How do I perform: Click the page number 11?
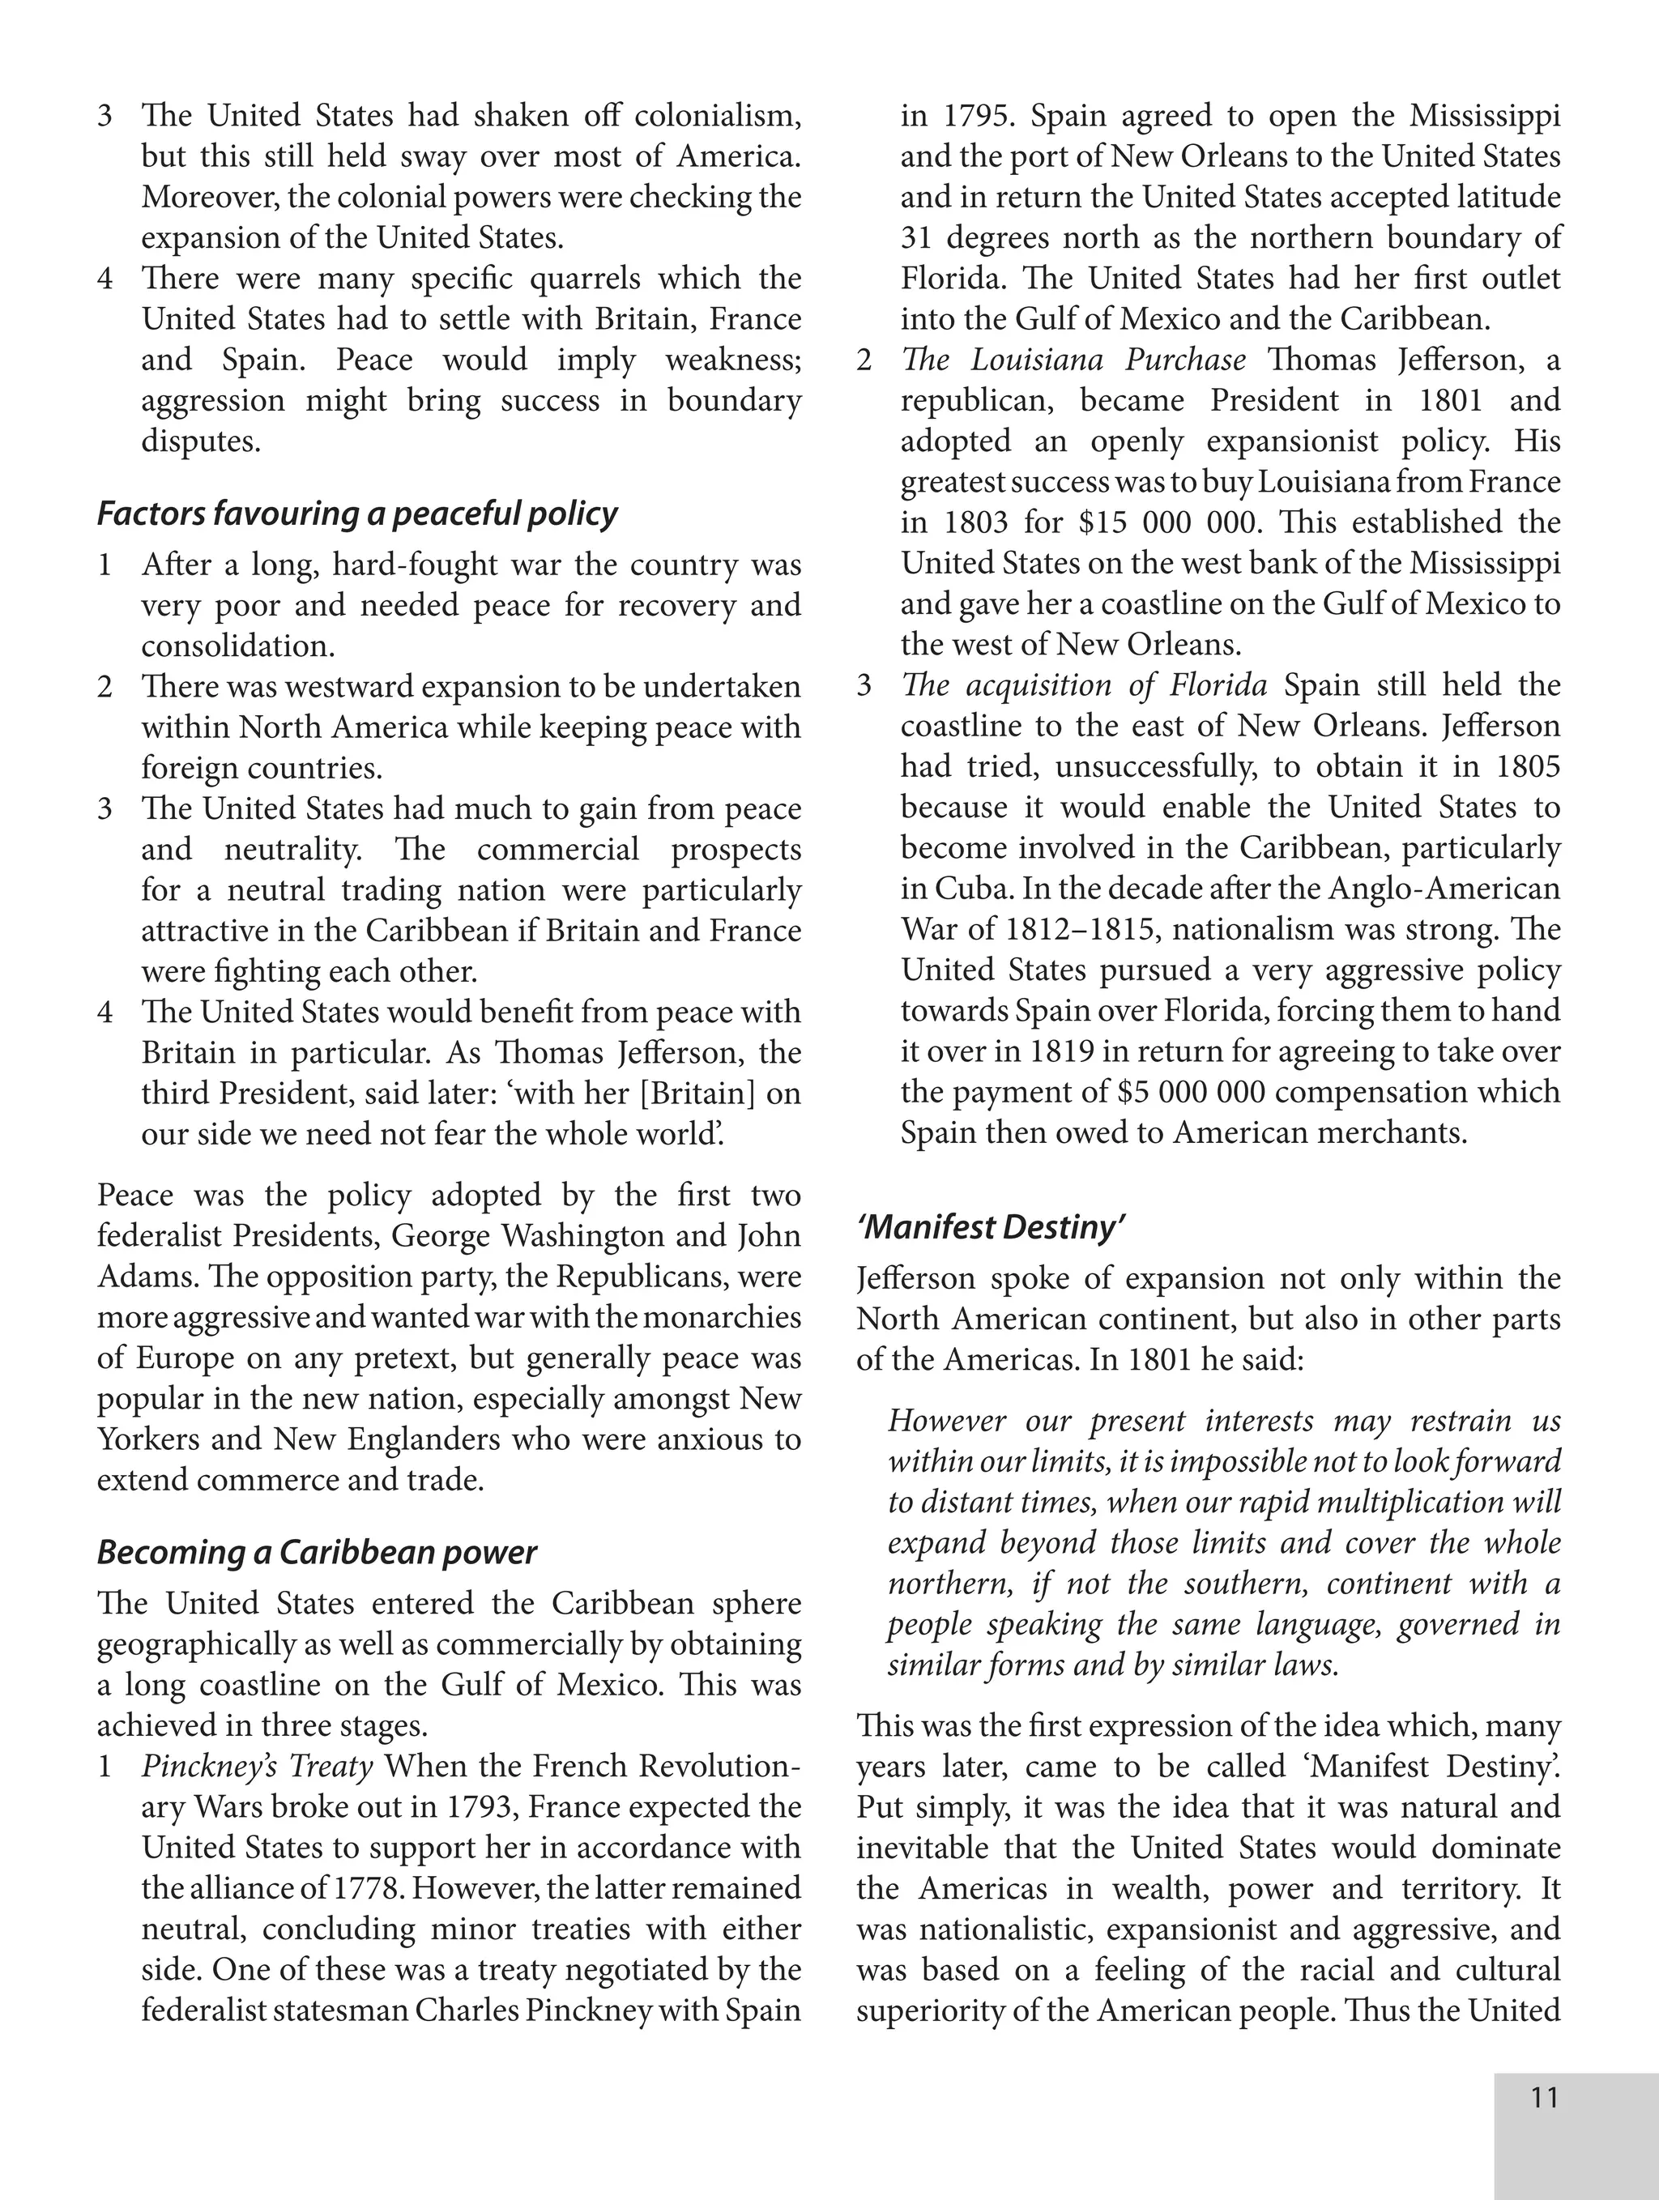click(x=1544, y=2099)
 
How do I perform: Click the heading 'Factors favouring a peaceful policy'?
click(x=357, y=514)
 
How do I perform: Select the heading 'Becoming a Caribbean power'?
click(x=316, y=1553)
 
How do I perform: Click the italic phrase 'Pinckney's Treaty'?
click(x=257, y=1767)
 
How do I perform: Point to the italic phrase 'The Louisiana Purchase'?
click(x=1073, y=360)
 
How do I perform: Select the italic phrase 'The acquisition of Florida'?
click(x=1083, y=685)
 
